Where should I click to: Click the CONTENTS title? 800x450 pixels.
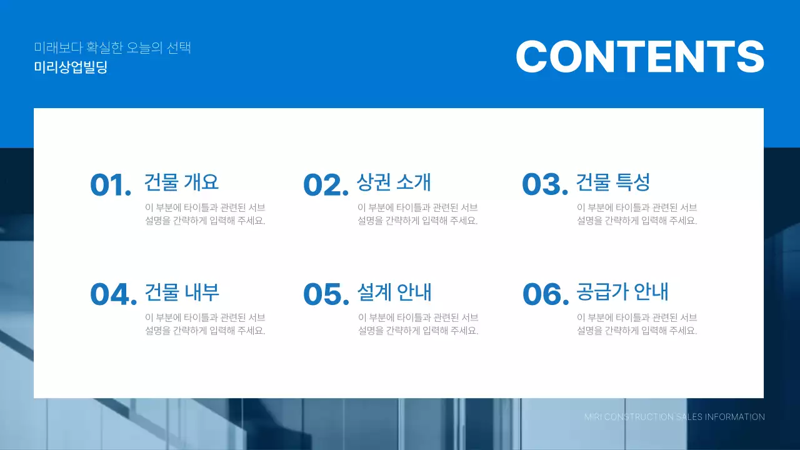[639, 57]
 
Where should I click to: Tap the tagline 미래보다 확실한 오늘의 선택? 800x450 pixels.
[112, 47]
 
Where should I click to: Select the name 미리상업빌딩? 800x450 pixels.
[71, 67]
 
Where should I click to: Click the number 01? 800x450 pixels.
[111, 185]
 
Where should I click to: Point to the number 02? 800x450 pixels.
[325, 185]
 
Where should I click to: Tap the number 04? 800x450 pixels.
[113, 294]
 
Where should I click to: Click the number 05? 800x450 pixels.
[326, 294]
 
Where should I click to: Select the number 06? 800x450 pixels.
[545, 294]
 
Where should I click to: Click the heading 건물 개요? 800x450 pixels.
[181, 182]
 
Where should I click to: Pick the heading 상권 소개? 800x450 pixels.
[394, 182]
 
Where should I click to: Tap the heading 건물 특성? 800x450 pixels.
[613, 182]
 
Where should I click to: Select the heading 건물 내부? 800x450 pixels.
[182, 292]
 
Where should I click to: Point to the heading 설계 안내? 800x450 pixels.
[394, 292]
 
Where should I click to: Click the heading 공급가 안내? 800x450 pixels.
[622, 292]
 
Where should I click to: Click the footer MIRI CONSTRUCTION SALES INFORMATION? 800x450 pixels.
[674, 417]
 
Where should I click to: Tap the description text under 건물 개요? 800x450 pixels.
[205, 214]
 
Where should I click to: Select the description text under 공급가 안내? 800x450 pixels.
[637, 324]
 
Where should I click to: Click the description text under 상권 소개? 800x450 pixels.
[417, 214]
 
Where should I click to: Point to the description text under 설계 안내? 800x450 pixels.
[418, 324]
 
